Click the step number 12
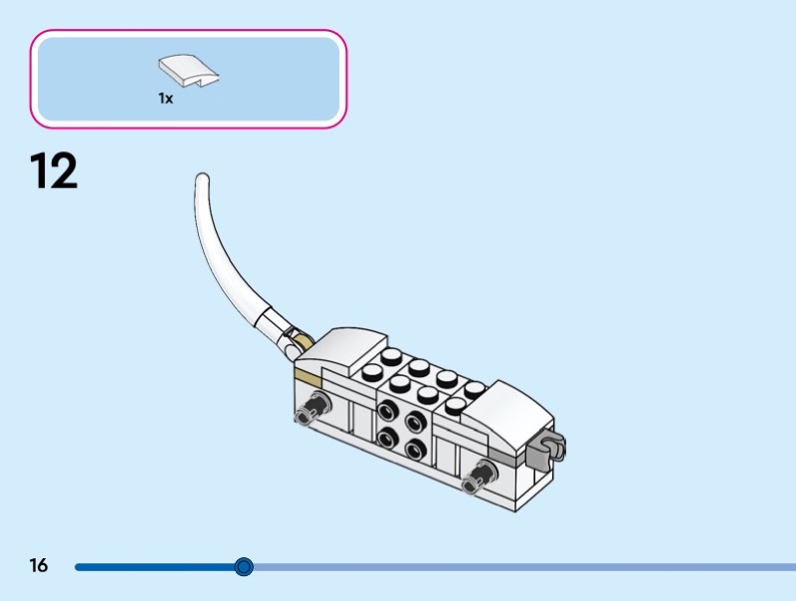point(54,171)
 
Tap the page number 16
point(39,566)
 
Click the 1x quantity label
point(165,99)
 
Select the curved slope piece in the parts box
point(188,70)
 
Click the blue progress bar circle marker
point(244,567)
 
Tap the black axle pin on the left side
point(317,402)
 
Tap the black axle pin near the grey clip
point(483,474)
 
